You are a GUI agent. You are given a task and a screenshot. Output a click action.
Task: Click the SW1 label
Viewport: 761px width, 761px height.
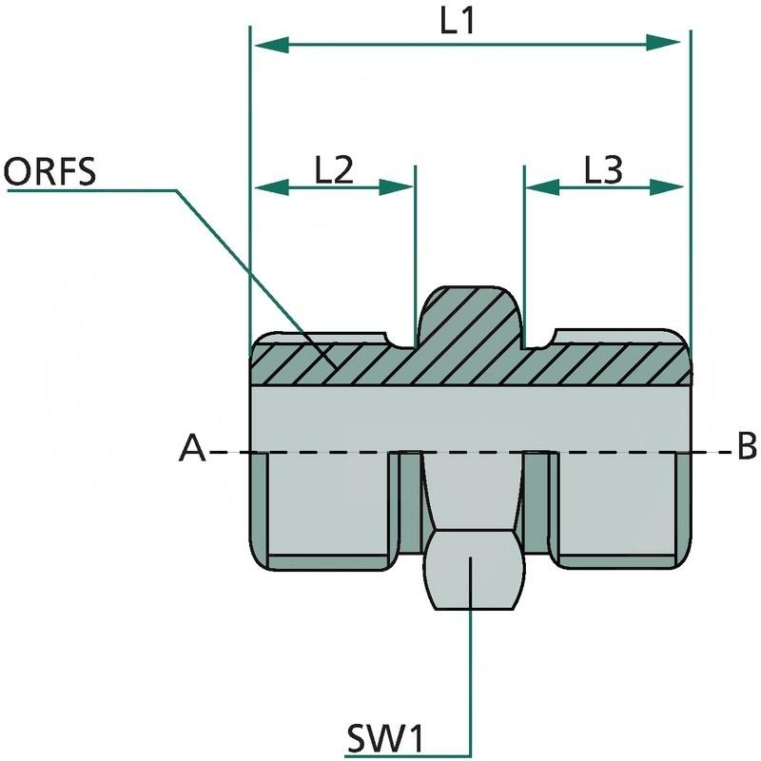(386, 737)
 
